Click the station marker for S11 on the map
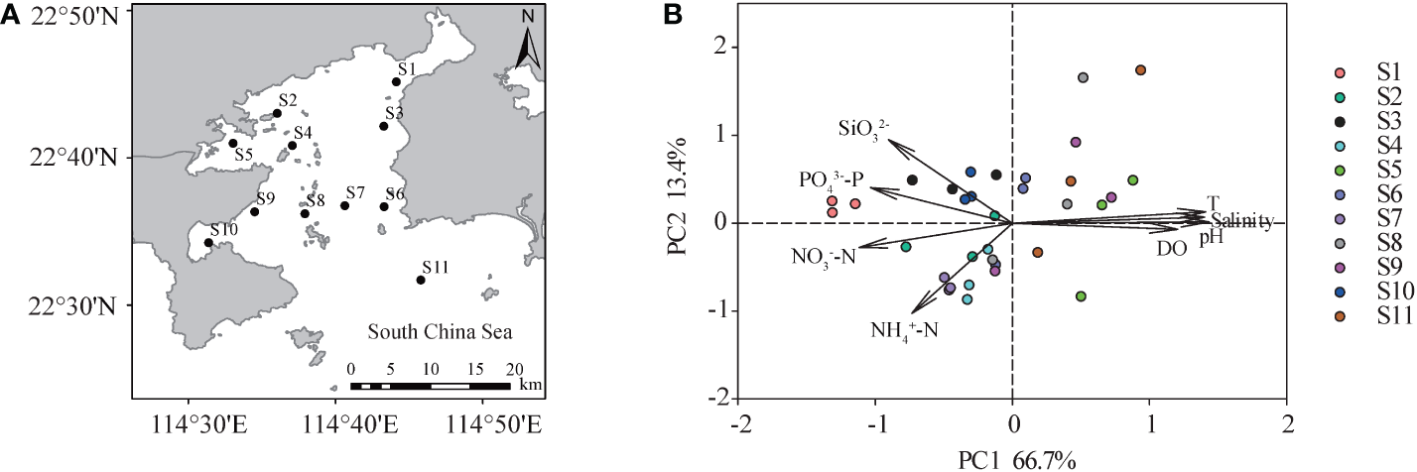421,280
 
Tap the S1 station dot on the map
396,81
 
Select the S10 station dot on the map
208,242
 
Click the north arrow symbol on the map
529,50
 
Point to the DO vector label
1172,249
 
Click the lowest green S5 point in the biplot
1081,296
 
